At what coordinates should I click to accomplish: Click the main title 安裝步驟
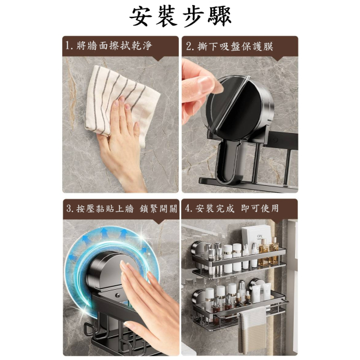point(180,16)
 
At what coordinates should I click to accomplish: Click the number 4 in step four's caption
point(188,208)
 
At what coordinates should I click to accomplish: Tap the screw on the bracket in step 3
point(117,295)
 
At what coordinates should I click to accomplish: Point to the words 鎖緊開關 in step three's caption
point(159,208)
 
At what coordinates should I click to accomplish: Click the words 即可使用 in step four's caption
point(260,208)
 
